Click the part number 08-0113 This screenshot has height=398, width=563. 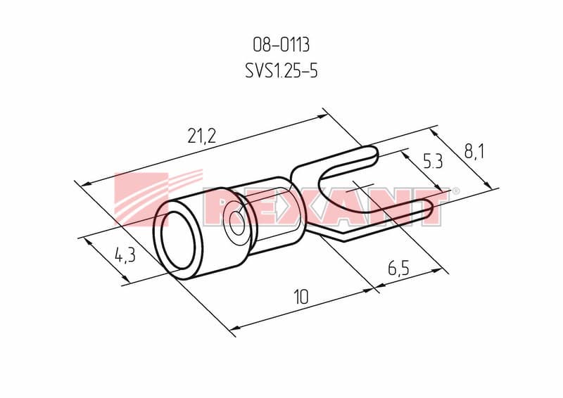(x=281, y=45)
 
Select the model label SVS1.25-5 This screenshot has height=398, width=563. (x=281, y=71)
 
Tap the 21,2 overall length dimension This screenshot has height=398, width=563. (x=202, y=136)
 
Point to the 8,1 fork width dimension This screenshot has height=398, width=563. (x=474, y=152)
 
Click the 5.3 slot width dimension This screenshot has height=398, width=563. (x=434, y=162)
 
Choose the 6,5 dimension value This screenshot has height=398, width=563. (x=398, y=268)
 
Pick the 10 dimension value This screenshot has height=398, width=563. (x=301, y=297)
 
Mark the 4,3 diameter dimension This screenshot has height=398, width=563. (x=125, y=255)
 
